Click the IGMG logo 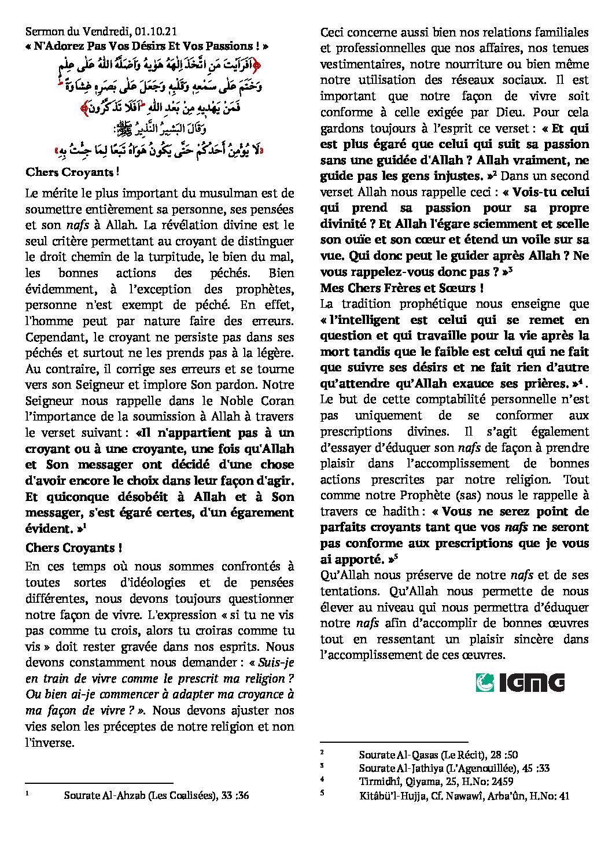[520, 683]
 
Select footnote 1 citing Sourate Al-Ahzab [156, 795]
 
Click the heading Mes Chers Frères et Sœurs [402, 288]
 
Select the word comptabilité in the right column [436, 399]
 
